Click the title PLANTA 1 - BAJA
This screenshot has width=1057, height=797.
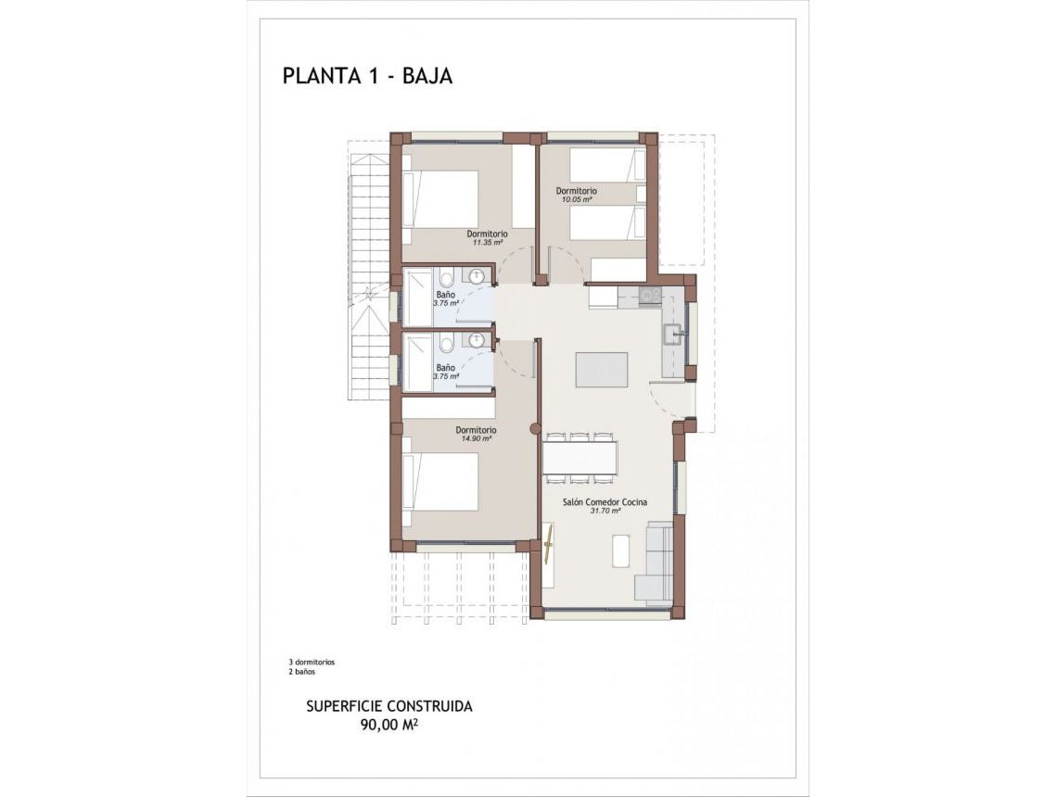pos(367,76)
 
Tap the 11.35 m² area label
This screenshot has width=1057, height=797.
pos(487,243)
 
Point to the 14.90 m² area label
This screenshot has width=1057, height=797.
pos(476,439)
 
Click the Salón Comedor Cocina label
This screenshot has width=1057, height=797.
pos(605,501)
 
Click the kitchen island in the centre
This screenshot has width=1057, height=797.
pos(601,369)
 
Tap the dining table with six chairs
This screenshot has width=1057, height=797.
pos(579,456)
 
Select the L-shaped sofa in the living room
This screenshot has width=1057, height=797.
pos(654,565)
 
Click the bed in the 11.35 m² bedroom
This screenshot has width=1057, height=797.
pos(441,196)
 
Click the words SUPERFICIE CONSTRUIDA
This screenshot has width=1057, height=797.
pos(389,706)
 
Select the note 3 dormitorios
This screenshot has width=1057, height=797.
pos(312,663)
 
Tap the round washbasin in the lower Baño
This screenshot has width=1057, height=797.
pos(477,340)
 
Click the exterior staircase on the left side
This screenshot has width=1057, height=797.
pos(371,278)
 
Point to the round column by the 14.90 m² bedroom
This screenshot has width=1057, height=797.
pos(534,428)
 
